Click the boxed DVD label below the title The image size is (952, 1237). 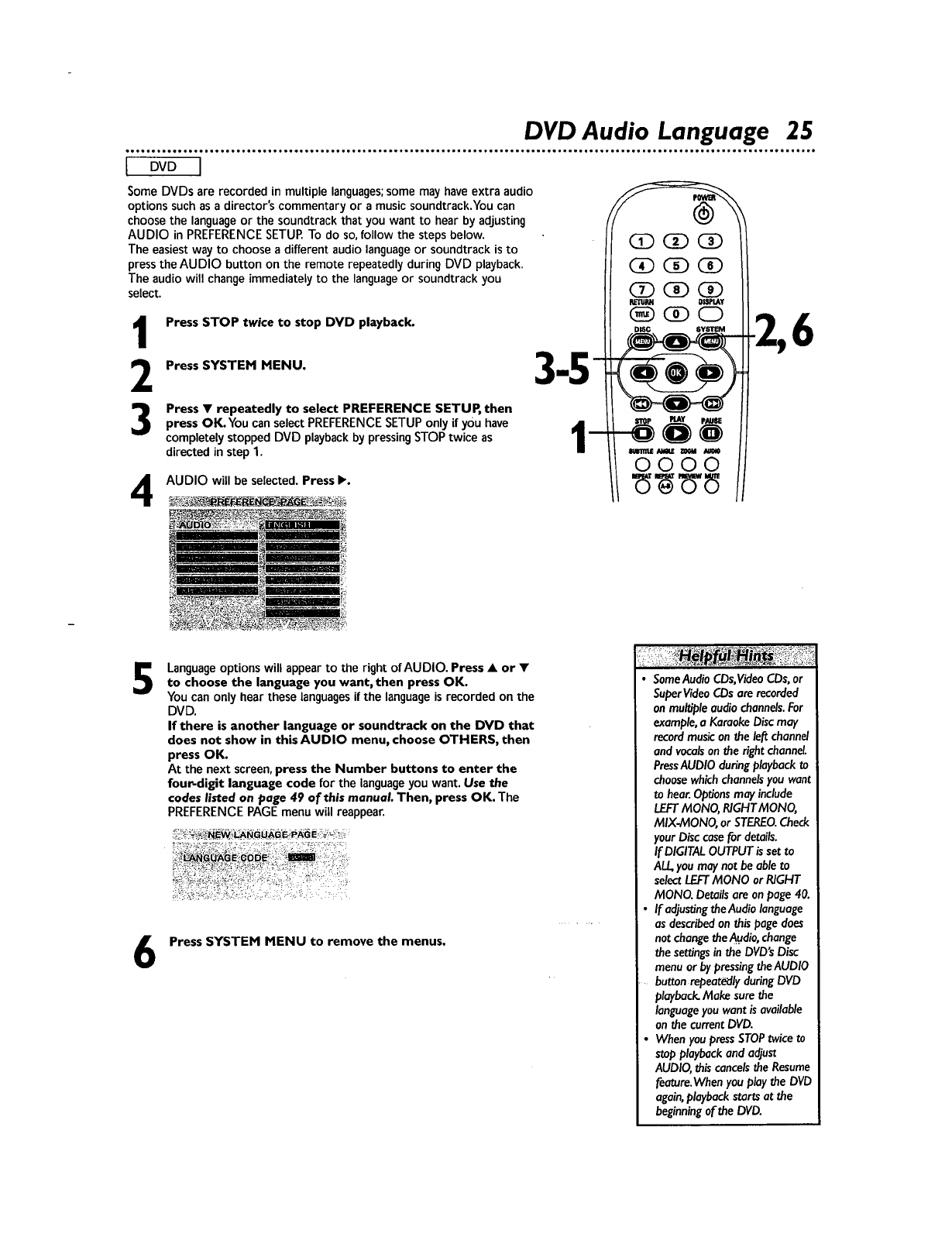163,167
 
